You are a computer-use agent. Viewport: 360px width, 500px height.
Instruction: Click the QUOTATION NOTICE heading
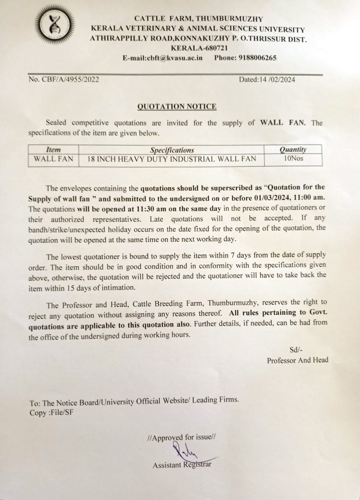(177, 106)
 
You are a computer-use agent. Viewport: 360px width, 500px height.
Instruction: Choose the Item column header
(53, 150)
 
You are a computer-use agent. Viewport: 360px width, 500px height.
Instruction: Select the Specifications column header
(172, 150)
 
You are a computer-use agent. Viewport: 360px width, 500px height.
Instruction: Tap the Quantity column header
(293, 149)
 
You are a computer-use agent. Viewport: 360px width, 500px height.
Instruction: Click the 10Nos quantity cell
(293, 159)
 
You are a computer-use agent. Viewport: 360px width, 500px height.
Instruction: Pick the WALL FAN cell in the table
(53, 160)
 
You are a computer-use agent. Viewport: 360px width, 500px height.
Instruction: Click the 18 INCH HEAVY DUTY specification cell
(172, 160)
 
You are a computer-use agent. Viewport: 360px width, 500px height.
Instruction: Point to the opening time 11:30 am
(152, 208)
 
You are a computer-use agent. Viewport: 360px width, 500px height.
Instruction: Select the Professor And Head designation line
(297, 360)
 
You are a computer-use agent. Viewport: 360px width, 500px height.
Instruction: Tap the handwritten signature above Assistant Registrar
(185, 452)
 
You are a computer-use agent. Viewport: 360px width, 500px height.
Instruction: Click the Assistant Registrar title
(182, 465)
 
